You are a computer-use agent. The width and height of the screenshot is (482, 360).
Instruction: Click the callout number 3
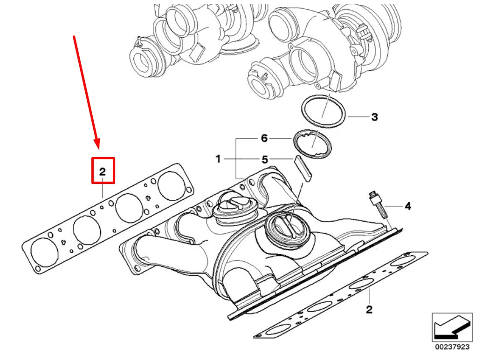coord(374,117)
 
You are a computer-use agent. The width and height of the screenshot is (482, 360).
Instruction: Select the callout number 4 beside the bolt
coord(407,205)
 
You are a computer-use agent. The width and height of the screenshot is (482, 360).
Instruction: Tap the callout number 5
coord(264,159)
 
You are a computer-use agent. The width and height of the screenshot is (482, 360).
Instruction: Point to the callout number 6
coord(264,138)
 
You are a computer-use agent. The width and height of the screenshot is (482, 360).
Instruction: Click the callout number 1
coord(218,159)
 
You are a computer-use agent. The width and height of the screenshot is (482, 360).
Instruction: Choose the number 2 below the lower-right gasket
coord(369,309)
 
